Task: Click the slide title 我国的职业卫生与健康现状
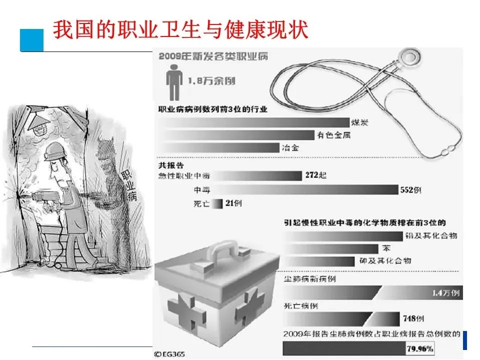coord(180,30)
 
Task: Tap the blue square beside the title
coord(31,39)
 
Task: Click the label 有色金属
coord(332,135)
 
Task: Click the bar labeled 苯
coord(330,248)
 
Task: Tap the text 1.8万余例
coord(211,80)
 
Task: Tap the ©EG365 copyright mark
coord(170,354)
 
